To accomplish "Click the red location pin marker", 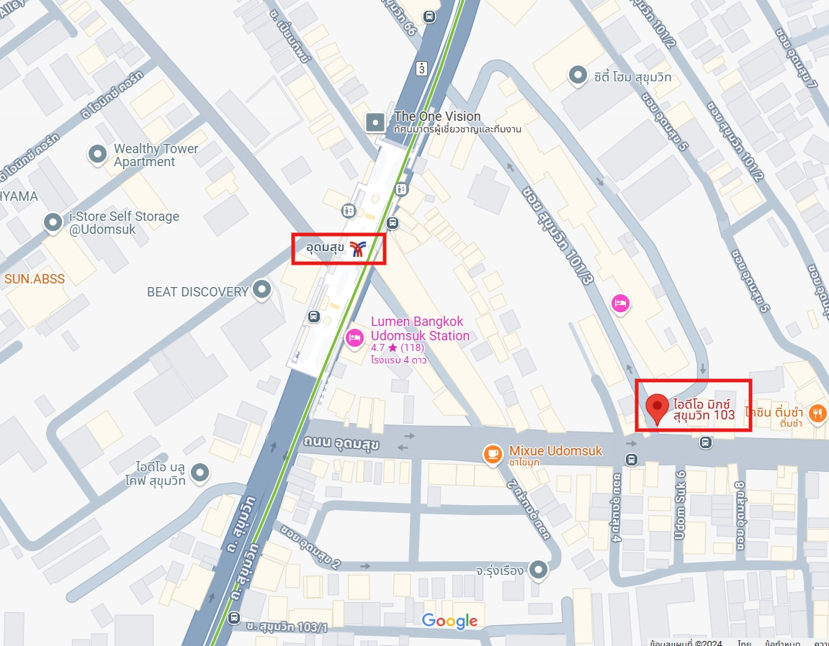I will [x=656, y=407].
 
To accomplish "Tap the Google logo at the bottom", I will [x=449, y=621].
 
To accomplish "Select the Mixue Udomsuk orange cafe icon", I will [x=493, y=452].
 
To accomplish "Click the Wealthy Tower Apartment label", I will [x=156, y=155].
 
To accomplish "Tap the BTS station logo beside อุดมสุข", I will [x=358, y=249].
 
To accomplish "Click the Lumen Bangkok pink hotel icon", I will [x=354, y=337].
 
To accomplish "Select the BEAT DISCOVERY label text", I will [x=197, y=291].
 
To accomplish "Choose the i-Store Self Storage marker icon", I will [x=53, y=223].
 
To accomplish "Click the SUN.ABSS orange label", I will [x=35, y=278].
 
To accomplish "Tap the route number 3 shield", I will [x=421, y=68].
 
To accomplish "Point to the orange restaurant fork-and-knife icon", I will [x=816, y=413].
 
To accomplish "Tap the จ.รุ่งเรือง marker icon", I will [x=538, y=570].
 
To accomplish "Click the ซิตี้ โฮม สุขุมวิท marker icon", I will [x=577, y=74].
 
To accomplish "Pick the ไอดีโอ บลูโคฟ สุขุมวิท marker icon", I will [x=200, y=473].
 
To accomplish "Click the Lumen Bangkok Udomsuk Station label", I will [x=420, y=329].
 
